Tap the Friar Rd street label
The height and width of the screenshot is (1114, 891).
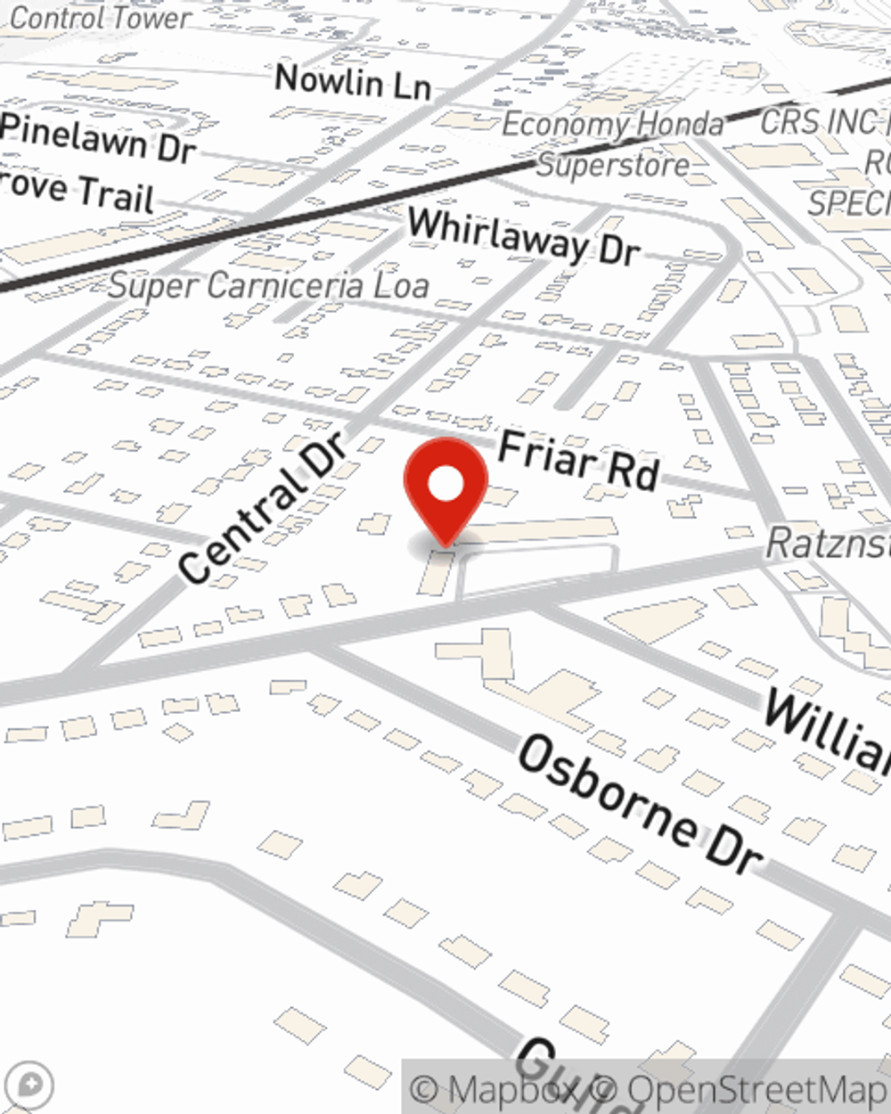coord(578,460)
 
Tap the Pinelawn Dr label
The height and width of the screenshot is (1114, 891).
coord(98,138)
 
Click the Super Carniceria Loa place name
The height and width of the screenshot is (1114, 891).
coord(268,286)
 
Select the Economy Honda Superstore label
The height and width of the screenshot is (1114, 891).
coord(613,144)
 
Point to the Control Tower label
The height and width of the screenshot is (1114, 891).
coord(100,18)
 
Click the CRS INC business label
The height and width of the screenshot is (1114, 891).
coord(824,122)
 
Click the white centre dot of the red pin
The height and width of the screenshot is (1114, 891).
coord(445,485)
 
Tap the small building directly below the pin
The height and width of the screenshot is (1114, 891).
coord(435,572)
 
